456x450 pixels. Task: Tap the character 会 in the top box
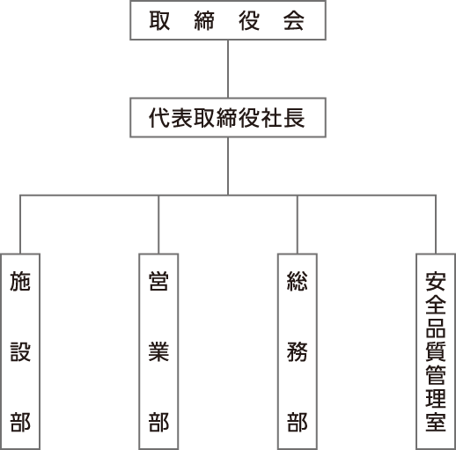coord(294,20)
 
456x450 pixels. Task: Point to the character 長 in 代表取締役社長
coord(294,118)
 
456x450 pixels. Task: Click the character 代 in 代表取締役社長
coord(159,118)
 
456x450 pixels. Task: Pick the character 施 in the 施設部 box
coord(20,281)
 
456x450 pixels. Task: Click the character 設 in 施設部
coord(20,351)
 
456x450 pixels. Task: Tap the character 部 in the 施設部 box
coord(20,422)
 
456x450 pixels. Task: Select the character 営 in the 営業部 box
coord(158,281)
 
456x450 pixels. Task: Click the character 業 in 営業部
coord(158,351)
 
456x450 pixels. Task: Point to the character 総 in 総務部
coord(298,281)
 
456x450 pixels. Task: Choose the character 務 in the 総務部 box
coord(298,351)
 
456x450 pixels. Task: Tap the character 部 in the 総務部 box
coord(298,422)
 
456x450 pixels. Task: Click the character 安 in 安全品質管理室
coord(436,282)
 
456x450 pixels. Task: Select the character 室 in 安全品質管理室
coord(436,422)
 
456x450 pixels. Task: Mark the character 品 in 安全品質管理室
coord(436,328)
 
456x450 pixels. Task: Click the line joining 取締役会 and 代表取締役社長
coord(228,69)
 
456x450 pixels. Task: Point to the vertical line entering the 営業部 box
coord(158,225)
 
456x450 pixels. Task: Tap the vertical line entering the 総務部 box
coord(298,225)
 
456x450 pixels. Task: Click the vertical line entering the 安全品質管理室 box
coord(436,225)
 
